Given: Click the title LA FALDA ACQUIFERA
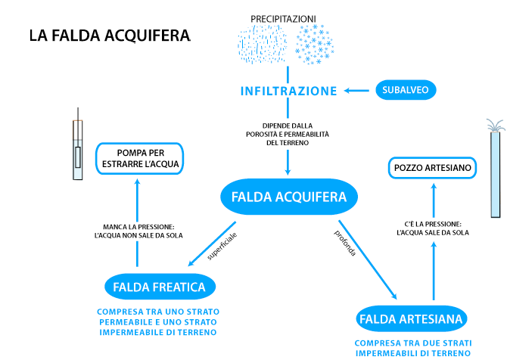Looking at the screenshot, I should (x=110, y=36).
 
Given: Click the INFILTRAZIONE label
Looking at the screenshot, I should (x=288, y=91).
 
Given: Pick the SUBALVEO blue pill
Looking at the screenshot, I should (x=406, y=90).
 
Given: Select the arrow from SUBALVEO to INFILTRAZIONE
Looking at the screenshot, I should (x=357, y=91).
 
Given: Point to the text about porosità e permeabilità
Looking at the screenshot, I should (x=288, y=134).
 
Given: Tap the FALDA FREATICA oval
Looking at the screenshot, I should (x=159, y=287).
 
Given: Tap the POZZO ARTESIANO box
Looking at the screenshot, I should (x=433, y=167).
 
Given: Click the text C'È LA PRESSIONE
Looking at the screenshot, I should (x=433, y=228).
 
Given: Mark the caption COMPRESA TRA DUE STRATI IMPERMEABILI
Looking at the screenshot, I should (x=413, y=347).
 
